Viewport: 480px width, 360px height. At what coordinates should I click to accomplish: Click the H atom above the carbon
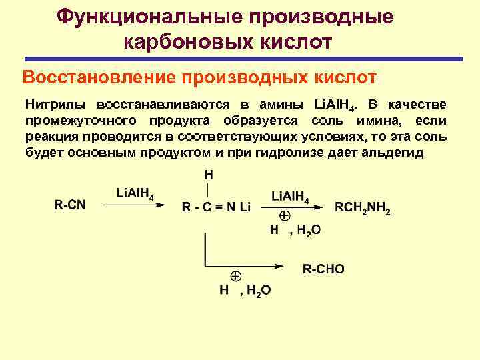click(209, 175)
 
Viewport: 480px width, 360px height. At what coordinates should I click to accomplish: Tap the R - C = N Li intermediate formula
click(216, 207)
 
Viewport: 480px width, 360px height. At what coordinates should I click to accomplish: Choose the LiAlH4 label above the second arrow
click(290, 195)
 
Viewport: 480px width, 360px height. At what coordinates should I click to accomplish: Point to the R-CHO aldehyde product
click(323, 269)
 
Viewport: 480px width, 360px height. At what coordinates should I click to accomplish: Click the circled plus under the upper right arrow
click(283, 216)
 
